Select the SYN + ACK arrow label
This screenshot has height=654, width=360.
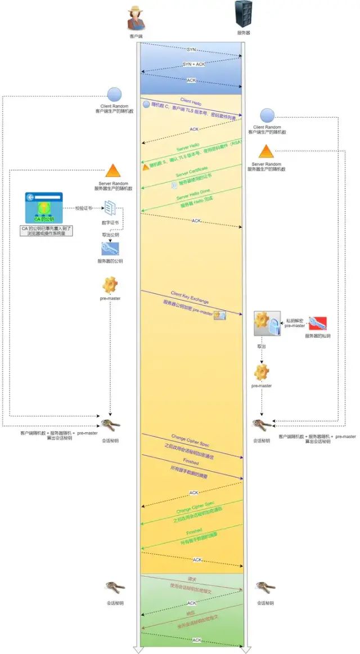[x=192, y=64]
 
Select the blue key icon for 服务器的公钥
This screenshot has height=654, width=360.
[x=109, y=249]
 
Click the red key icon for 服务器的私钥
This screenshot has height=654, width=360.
[x=317, y=324]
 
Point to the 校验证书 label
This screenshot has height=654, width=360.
[x=84, y=208]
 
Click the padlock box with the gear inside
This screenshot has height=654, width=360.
[x=266, y=324]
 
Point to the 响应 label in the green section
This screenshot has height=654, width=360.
[x=191, y=615]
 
